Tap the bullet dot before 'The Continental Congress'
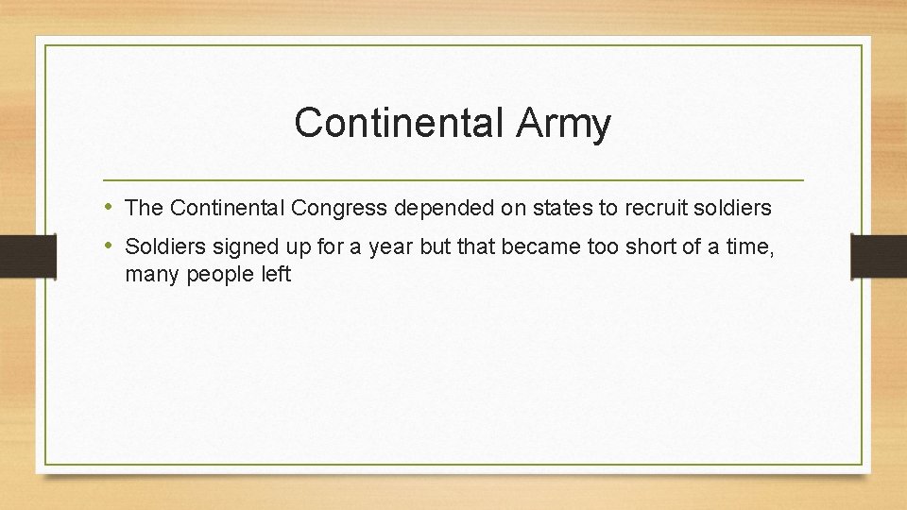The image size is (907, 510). click(110, 206)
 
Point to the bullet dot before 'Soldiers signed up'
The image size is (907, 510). click(110, 246)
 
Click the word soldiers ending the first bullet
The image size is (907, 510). click(734, 207)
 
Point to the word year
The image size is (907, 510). click(391, 247)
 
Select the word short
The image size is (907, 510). click(638, 247)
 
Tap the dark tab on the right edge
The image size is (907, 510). click(879, 255)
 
